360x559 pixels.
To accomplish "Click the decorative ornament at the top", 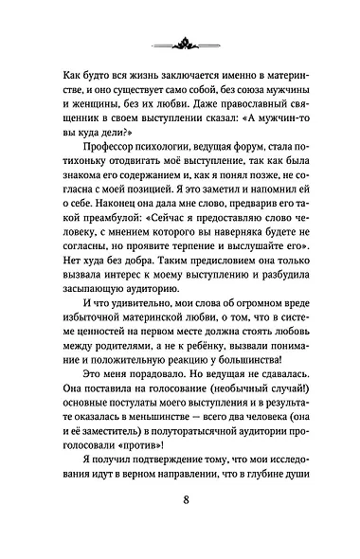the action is (179, 39).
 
